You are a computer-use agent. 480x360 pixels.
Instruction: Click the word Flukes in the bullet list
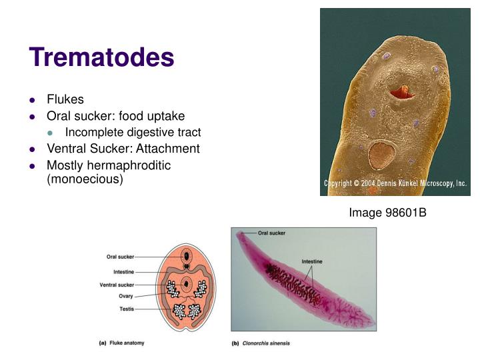click(x=65, y=99)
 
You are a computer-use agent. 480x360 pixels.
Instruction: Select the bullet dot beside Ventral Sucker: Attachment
click(x=32, y=149)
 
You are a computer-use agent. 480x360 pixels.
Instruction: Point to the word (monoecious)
click(x=85, y=180)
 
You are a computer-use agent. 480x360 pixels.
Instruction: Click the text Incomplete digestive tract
click(x=133, y=132)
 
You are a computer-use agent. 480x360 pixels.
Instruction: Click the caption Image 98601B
click(x=387, y=213)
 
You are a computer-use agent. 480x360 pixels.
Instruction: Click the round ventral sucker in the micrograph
click(x=381, y=156)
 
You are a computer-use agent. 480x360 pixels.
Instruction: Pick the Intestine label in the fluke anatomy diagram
click(x=123, y=272)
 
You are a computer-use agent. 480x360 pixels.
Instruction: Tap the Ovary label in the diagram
click(x=126, y=296)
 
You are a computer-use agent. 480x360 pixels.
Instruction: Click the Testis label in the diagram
click(x=126, y=309)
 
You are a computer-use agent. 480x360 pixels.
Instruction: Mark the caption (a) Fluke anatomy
click(x=121, y=343)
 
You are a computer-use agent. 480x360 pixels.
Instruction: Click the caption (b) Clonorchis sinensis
click(x=261, y=343)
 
